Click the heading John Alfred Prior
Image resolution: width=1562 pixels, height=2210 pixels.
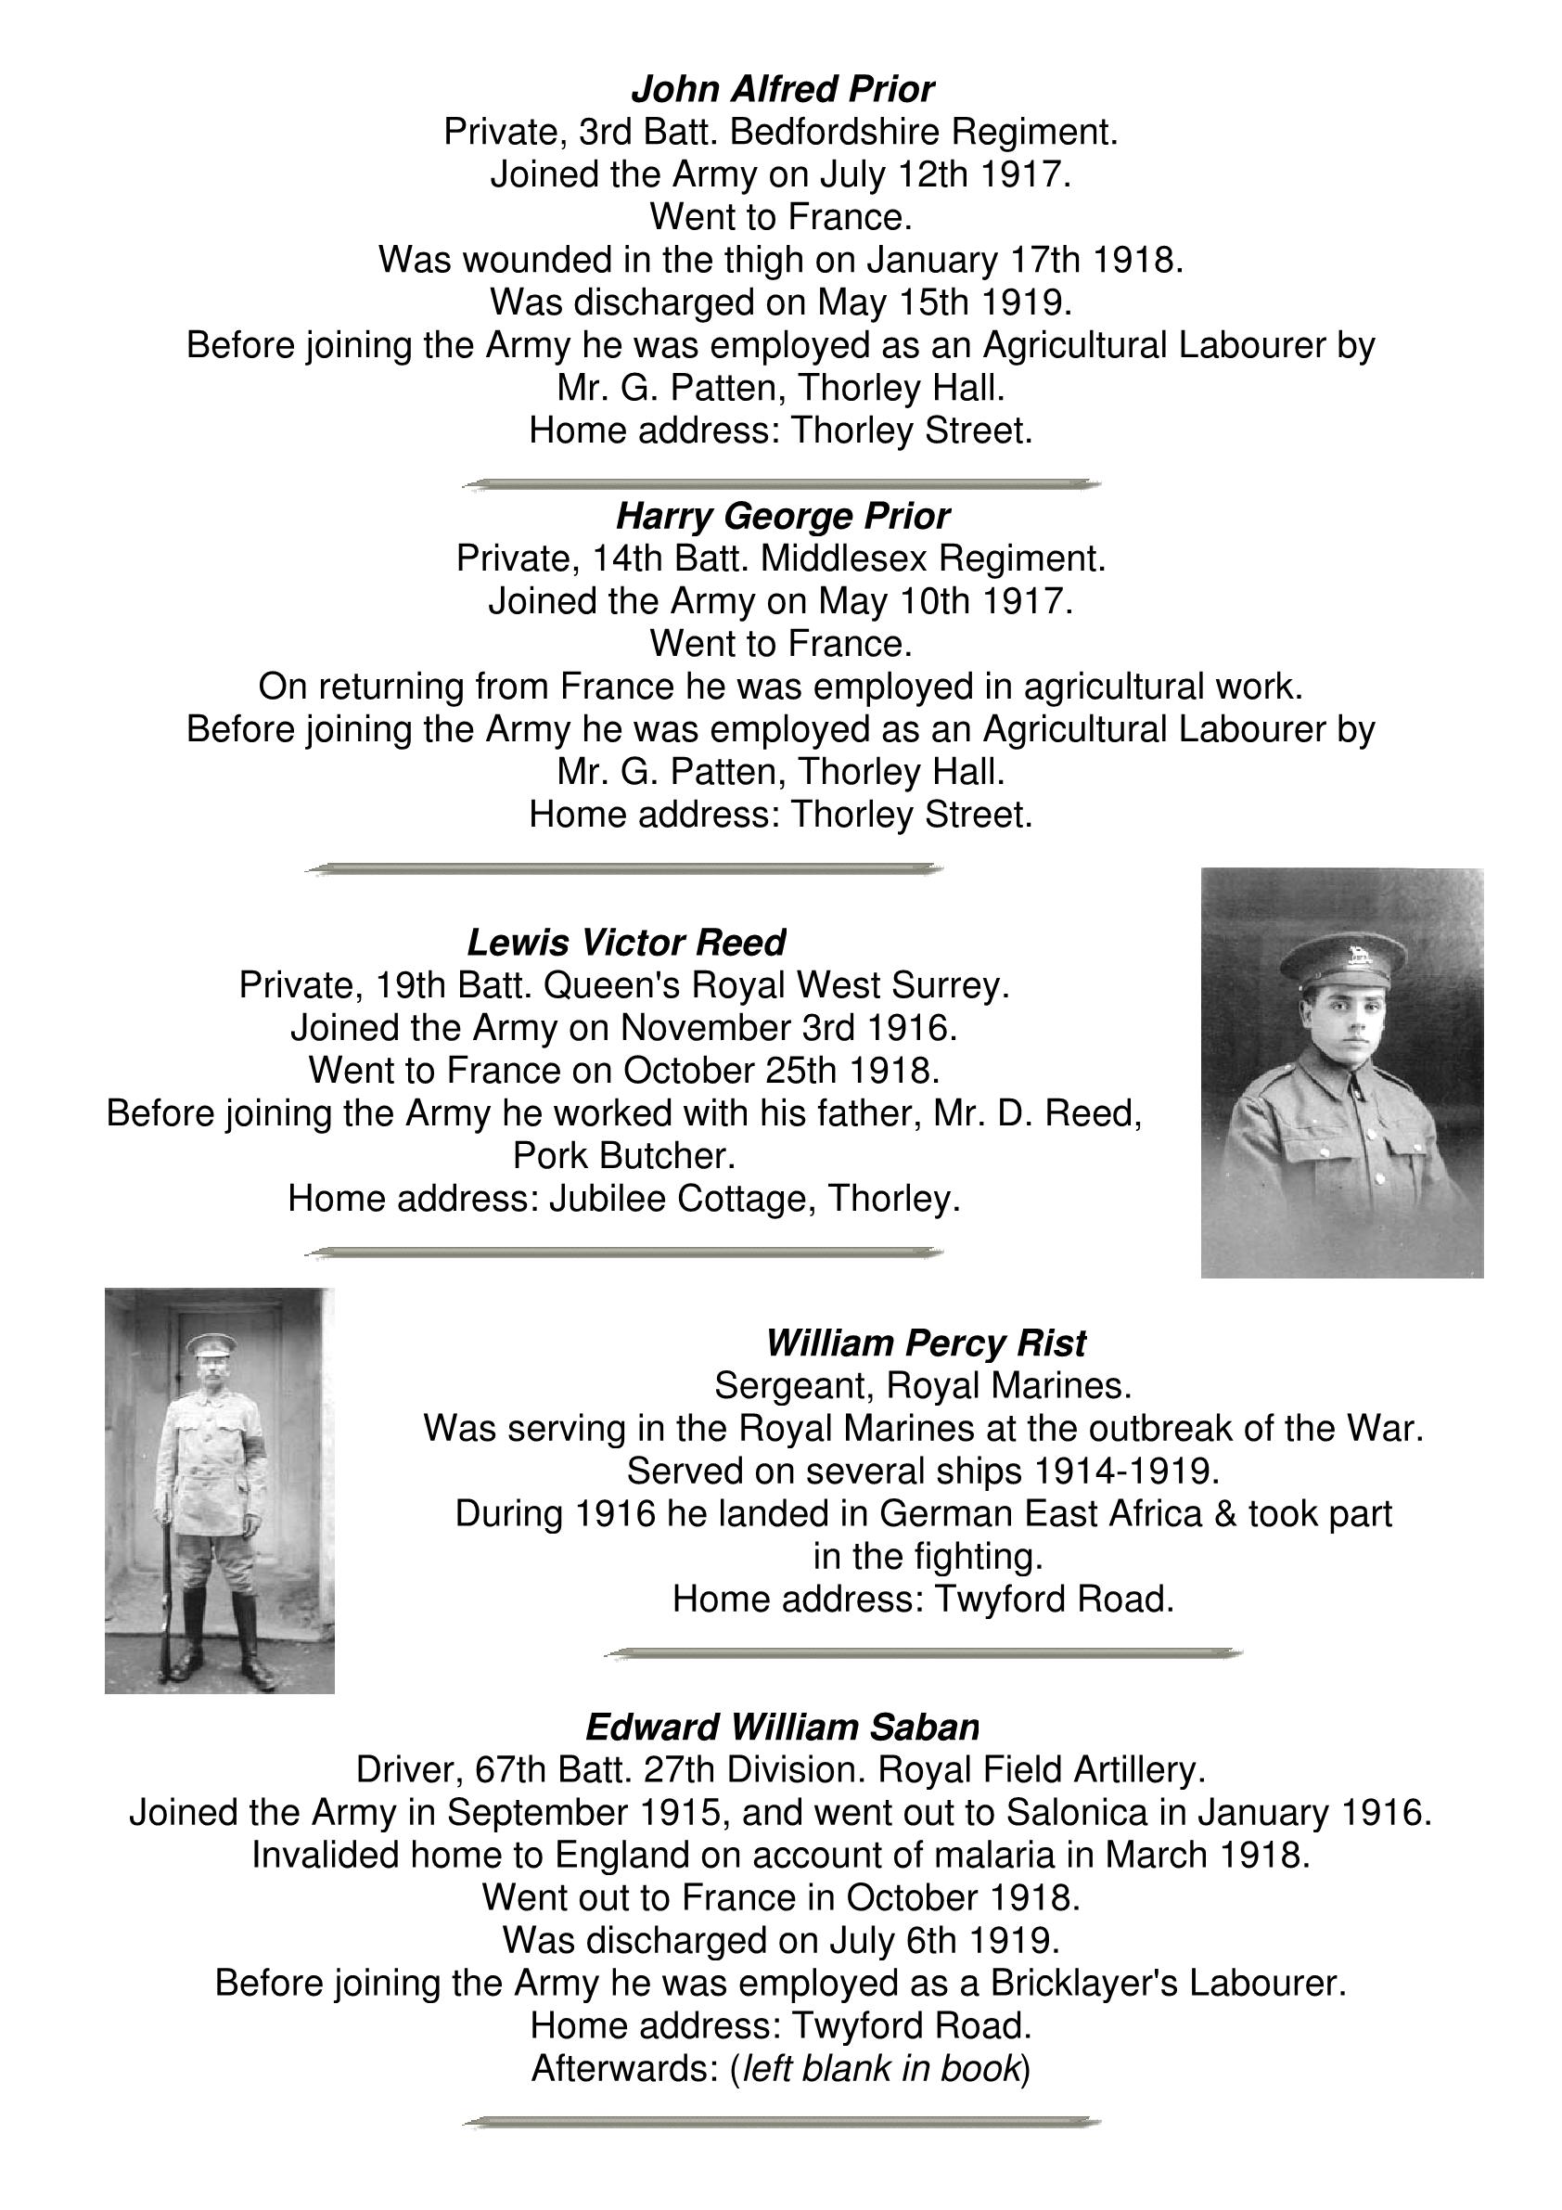782,89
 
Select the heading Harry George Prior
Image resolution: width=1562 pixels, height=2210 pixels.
782,517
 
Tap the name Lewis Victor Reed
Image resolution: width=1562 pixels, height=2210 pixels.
625,943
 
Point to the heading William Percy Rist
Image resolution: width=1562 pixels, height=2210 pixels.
925,1343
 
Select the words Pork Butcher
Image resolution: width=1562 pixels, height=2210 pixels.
623,1156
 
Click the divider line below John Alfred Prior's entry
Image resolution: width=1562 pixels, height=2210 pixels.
782,484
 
